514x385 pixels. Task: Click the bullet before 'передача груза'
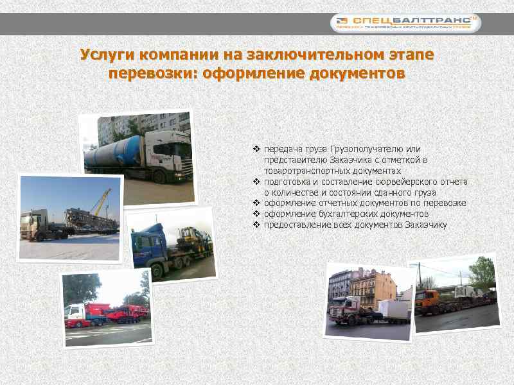(x=257, y=149)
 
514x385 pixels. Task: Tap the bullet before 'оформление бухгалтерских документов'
(x=257, y=214)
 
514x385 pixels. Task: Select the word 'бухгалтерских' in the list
(x=346, y=214)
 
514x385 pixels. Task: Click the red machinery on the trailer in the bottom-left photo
(x=119, y=313)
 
